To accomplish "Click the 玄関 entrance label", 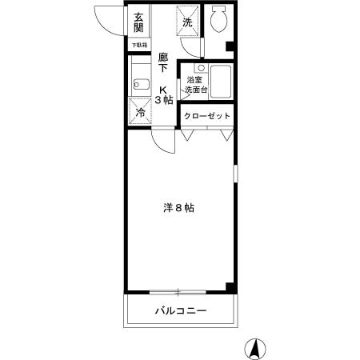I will point(138,22).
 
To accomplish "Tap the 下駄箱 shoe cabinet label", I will point(139,46).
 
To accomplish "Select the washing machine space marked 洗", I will point(188,23).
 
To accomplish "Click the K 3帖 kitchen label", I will point(166,94).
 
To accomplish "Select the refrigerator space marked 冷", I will point(139,113).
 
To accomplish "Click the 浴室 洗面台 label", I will point(196,85).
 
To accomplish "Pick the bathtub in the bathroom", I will point(221,82).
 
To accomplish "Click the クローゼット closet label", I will point(207,116).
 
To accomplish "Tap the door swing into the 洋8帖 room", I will point(165,142).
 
